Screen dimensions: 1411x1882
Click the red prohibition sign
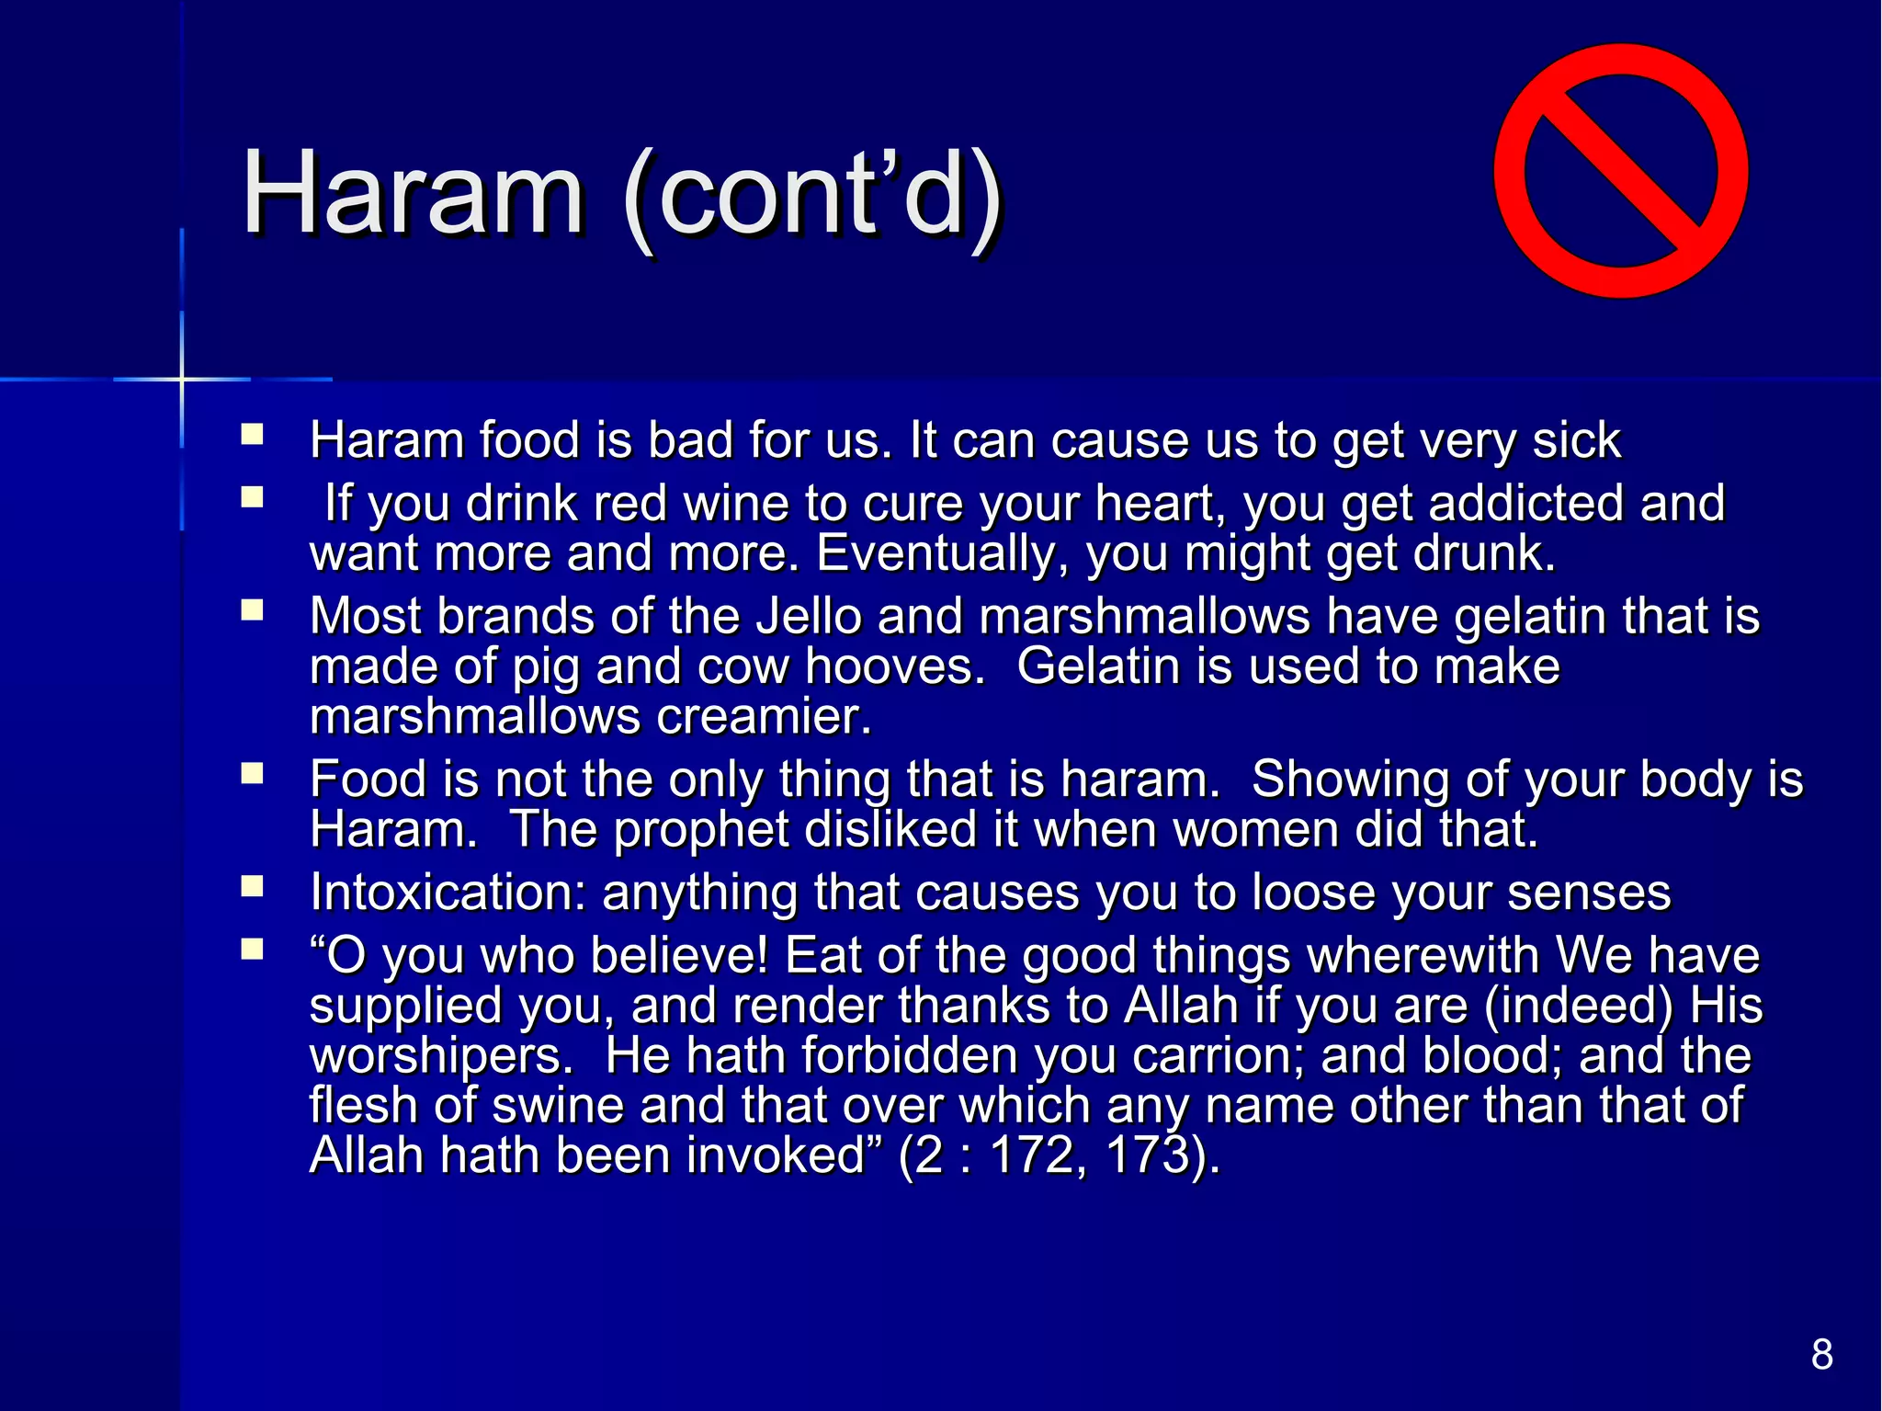pyautogui.click(x=1620, y=171)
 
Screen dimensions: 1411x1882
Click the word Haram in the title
pyautogui.click(x=413, y=196)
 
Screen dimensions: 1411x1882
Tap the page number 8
pyautogui.click(x=1821, y=1354)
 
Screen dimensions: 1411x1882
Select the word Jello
pyautogui.click(x=809, y=616)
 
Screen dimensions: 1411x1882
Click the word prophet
pyautogui.click(x=700, y=829)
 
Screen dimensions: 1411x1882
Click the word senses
pyautogui.click(x=1589, y=893)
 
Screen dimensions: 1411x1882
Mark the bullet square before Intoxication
pyautogui.click(x=252, y=885)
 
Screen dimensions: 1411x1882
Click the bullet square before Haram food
pyautogui.click(x=252, y=433)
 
